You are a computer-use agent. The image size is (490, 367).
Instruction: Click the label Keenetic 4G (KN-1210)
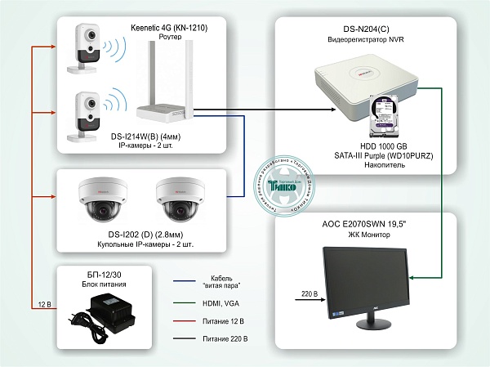pyautogui.click(x=168, y=28)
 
